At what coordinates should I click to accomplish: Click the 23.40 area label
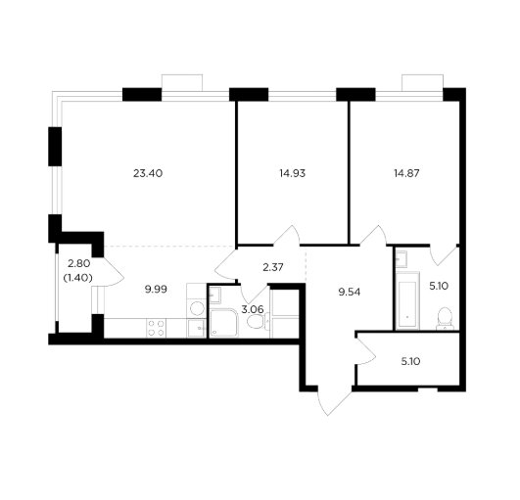point(148,173)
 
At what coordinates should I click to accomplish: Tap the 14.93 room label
point(292,173)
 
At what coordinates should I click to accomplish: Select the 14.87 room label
point(406,173)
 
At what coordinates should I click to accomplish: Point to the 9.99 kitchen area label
point(156,290)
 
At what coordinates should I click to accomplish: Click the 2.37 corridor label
point(273,267)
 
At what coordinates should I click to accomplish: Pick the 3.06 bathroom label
point(253,310)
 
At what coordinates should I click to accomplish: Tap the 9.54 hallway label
point(350,293)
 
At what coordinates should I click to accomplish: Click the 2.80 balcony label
point(78,264)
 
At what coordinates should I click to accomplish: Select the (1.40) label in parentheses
point(77,278)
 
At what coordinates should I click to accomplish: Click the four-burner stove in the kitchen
point(157,328)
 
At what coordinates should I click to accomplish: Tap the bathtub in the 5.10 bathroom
point(407,300)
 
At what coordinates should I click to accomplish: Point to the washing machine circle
point(197,308)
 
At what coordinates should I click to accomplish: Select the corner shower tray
point(224,323)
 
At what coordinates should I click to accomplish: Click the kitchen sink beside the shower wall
point(197,329)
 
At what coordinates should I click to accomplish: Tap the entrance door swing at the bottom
point(334,401)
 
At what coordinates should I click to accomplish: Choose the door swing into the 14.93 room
point(287,236)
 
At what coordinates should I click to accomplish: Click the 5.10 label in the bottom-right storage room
point(410,361)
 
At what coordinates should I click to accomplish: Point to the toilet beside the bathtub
point(445,319)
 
